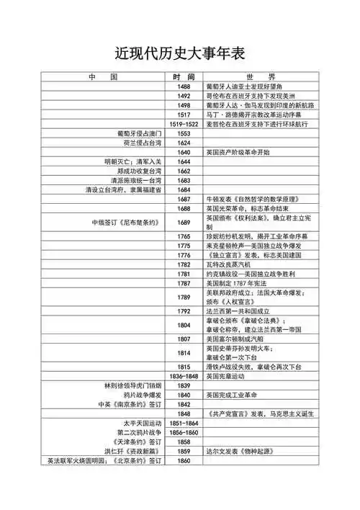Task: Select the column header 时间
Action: [183, 76]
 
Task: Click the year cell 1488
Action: [183, 86]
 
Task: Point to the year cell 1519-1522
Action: [183, 124]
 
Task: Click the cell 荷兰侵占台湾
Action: [145, 143]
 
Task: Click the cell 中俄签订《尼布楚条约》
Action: [125, 222]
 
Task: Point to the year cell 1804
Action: [183, 325]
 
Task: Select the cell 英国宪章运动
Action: [226, 376]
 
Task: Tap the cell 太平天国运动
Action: [144, 423]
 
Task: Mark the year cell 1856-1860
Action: [183, 432]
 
